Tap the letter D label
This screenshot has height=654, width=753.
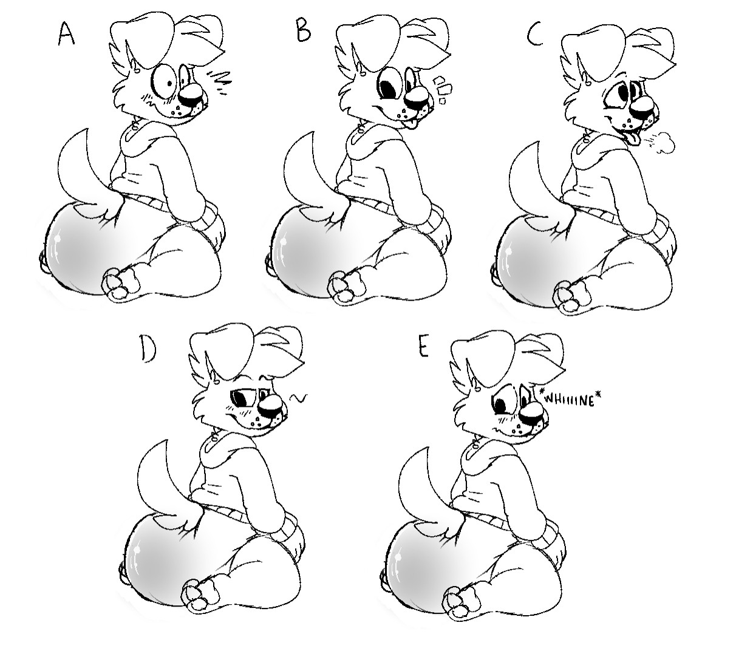(x=148, y=350)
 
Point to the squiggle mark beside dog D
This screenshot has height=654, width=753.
(x=298, y=398)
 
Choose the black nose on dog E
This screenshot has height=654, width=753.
(x=533, y=413)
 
